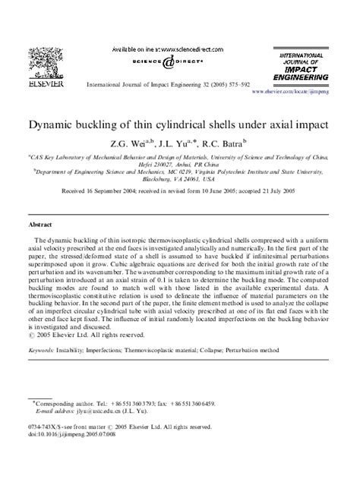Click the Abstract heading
click(x=40, y=225)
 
